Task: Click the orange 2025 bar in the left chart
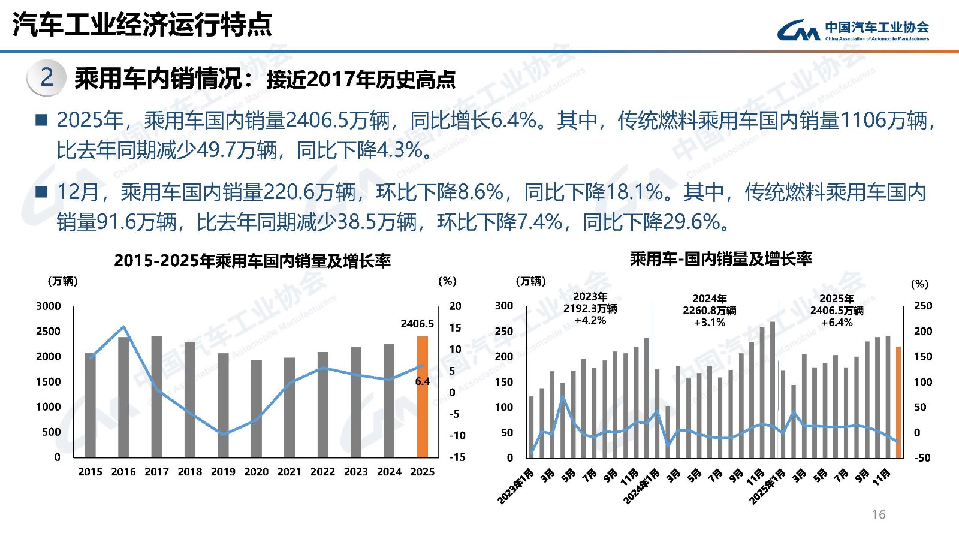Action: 423,397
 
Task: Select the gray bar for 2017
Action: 156,397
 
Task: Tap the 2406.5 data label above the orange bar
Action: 417,324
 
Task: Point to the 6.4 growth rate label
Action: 423,381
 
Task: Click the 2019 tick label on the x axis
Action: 223,472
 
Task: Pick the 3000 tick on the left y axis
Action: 49,306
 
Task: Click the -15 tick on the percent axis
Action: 457,457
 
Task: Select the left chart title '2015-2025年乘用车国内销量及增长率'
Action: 252,261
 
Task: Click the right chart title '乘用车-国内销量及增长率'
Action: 720,259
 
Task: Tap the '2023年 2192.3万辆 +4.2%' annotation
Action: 590,308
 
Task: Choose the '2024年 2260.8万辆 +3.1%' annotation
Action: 709,311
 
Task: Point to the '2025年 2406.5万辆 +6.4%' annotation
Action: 836,311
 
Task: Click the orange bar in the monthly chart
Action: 898,402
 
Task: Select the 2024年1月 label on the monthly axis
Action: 641,486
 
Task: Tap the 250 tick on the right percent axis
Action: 922,306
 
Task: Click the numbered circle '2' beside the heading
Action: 46,77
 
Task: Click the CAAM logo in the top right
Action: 853,29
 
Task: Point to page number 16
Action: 878,514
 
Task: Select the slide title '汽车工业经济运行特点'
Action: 142,25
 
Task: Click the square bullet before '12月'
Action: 41,192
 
